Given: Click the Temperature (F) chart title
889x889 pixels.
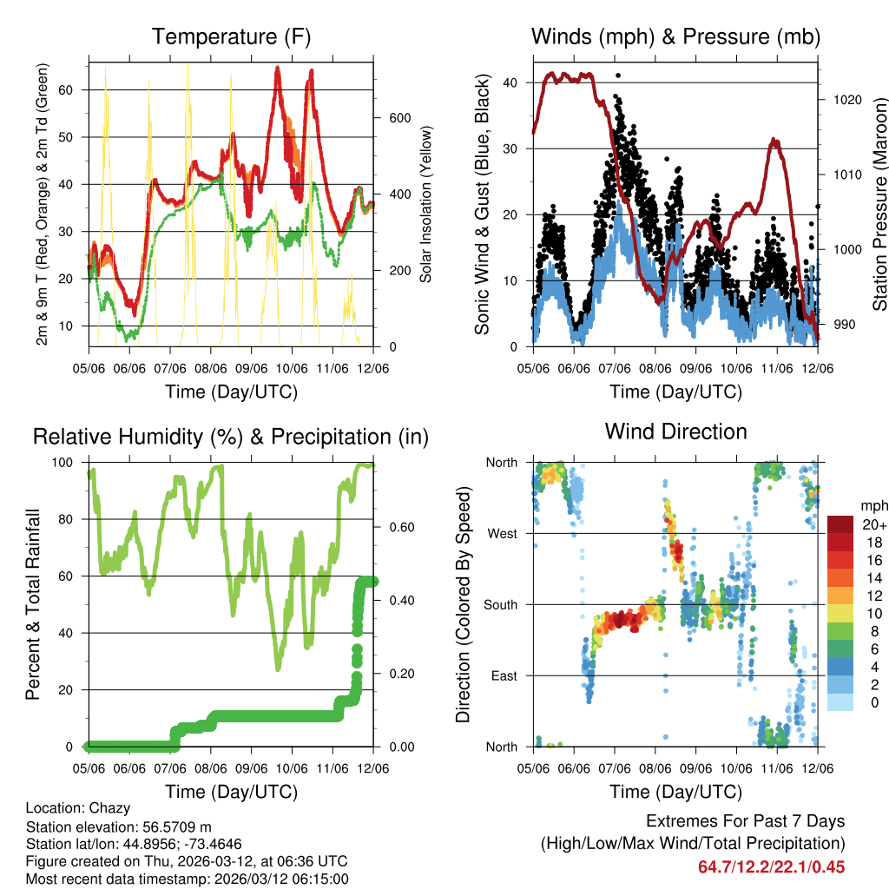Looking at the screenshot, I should tap(231, 37).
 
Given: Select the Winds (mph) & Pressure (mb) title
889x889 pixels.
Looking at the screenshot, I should tap(675, 37).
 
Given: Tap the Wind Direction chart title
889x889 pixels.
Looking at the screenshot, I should tap(675, 431).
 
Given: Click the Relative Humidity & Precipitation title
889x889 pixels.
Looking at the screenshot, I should tap(231, 437).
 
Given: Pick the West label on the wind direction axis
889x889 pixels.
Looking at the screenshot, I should tap(502, 533).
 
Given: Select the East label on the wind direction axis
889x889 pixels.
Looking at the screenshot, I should tap(504, 675).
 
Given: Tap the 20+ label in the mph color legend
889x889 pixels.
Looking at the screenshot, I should tap(874, 524).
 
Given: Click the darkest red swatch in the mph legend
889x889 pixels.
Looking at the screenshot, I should tap(842, 524).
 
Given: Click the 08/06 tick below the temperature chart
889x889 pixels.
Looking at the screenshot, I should tap(211, 369).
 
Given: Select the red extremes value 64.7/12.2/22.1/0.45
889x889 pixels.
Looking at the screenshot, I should tap(771, 867).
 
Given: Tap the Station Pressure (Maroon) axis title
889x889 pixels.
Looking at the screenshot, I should tap(879, 204).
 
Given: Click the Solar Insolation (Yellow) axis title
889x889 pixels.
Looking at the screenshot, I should tap(426, 204).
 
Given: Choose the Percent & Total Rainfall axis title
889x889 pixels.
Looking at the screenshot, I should tap(32, 604).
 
